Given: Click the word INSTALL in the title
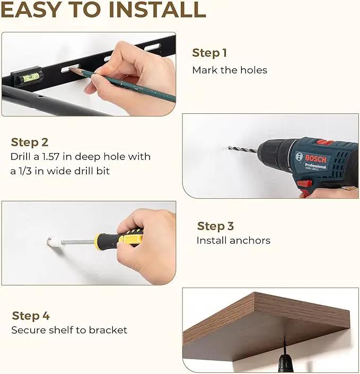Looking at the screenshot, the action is point(157,10).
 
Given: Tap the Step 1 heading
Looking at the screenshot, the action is point(209,53).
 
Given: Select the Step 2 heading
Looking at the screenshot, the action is point(30,142).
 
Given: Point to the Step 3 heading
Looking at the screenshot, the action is point(215,226).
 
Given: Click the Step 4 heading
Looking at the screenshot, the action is point(31,316).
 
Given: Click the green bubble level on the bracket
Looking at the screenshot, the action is point(31,77).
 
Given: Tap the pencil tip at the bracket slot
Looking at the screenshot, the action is point(70,69).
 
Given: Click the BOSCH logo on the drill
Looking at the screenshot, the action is point(315,158).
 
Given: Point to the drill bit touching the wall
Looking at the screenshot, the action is point(242,149).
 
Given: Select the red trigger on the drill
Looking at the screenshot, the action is point(304,184).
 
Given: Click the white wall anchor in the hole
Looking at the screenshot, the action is point(55,242).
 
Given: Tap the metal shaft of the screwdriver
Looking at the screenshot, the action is point(78,242).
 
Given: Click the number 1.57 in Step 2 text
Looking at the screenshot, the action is point(50,157).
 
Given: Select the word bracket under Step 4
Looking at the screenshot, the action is point(108,330).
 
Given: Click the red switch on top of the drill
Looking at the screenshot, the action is point(325,143).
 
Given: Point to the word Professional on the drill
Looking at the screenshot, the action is point(315,165).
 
